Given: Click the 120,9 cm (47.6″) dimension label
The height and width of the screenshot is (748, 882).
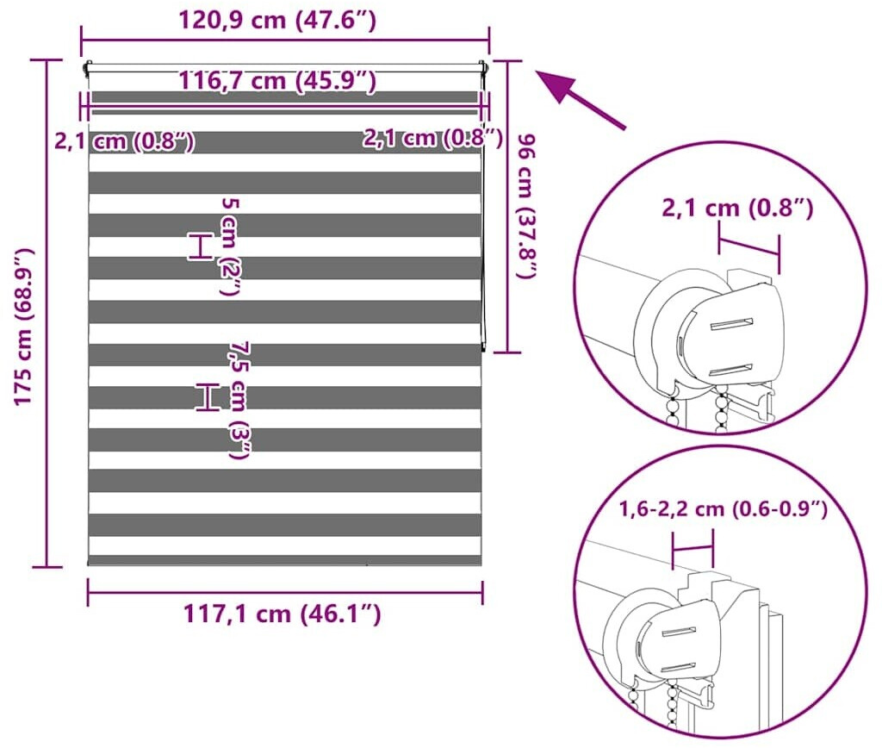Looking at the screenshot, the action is tap(277, 21).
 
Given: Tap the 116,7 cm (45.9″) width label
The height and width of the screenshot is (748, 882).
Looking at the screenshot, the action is tap(277, 80).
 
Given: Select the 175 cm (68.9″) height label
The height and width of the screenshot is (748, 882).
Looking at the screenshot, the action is tap(23, 327).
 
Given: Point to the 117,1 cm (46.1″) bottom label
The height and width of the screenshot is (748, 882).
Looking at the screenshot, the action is tap(283, 614).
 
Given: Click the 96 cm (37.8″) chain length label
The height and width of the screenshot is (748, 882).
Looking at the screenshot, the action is tap(525, 205).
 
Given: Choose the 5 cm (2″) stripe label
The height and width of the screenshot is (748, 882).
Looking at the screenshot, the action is tap(231, 246).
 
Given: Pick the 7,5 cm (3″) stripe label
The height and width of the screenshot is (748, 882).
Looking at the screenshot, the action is tap(240, 401).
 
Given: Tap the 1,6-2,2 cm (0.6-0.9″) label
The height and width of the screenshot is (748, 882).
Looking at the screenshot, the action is tap(724, 509).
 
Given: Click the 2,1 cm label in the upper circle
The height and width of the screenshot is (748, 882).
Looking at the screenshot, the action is tap(737, 209).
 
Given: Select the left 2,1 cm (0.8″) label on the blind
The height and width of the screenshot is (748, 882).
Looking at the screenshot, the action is tap(125, 140).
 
